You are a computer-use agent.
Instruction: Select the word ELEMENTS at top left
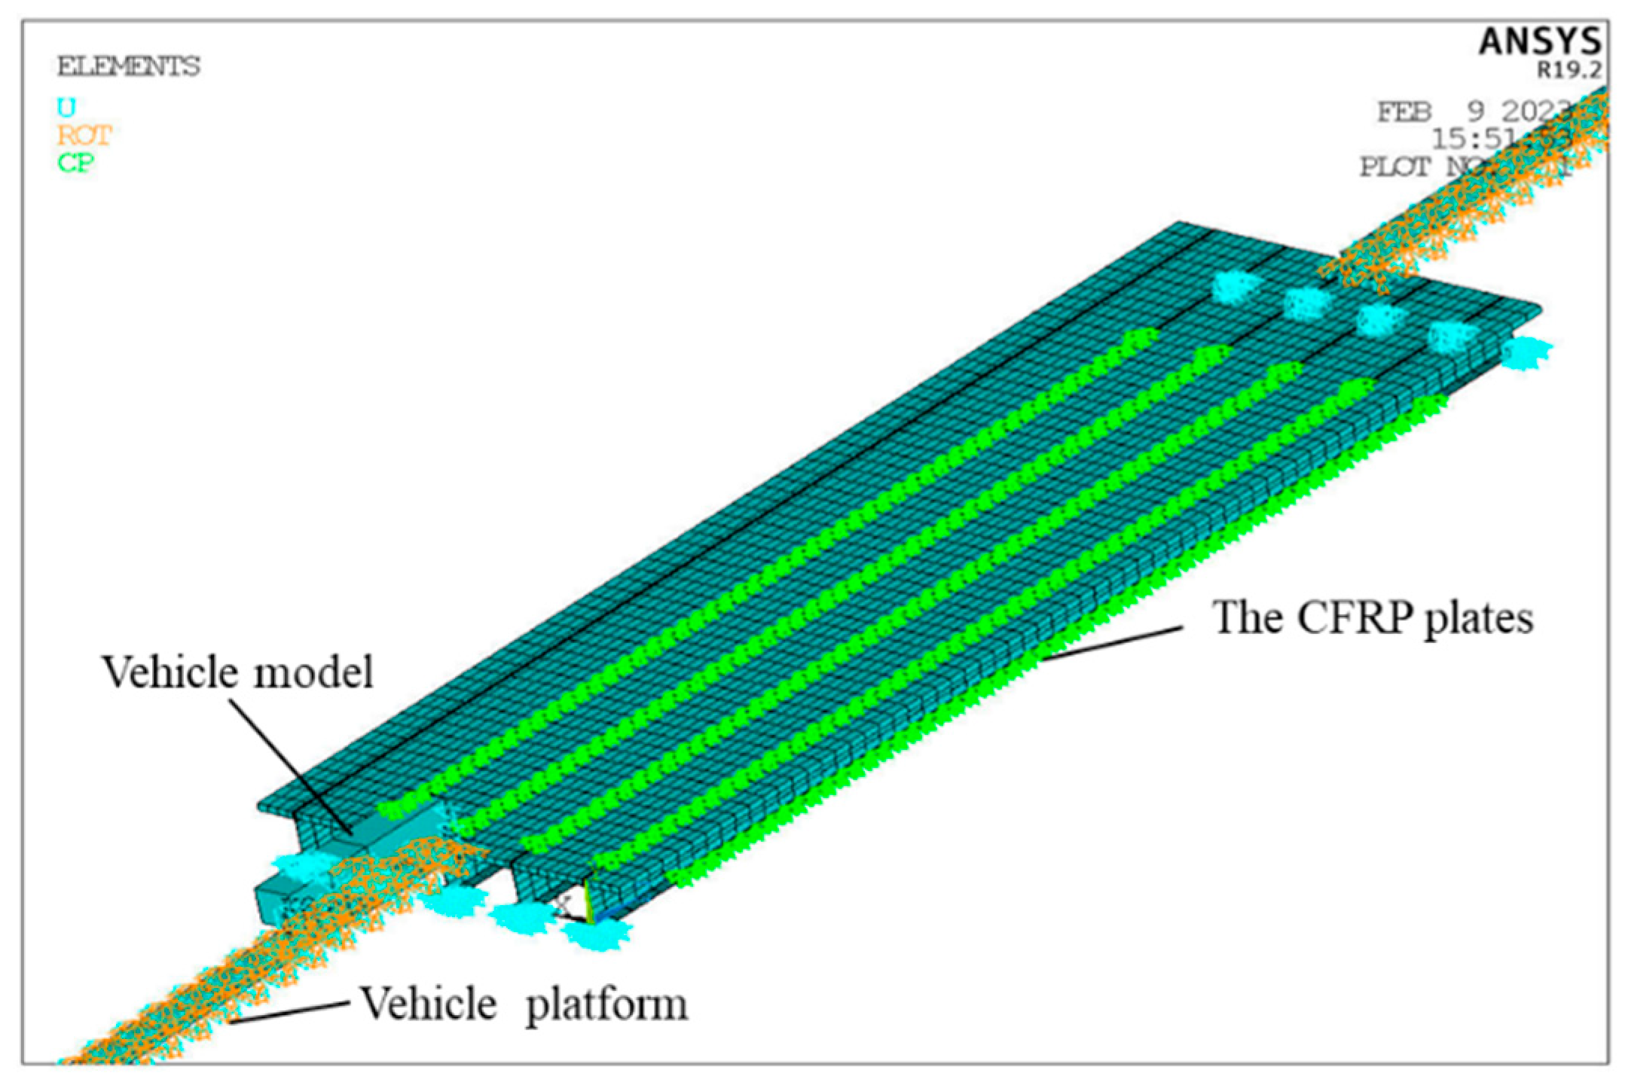129,66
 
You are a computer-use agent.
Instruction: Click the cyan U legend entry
66,108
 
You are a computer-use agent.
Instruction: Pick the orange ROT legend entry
84,136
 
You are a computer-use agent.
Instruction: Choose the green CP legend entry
75,162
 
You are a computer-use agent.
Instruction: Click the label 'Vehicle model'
237,672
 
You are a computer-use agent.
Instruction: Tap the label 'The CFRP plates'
1372,619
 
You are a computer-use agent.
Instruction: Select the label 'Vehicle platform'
524,1004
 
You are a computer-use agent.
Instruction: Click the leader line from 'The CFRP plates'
1111,643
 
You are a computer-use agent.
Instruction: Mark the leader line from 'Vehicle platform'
290,1011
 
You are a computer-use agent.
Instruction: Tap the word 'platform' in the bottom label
606,1006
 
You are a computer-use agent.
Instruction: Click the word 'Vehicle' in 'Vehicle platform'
428,1004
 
